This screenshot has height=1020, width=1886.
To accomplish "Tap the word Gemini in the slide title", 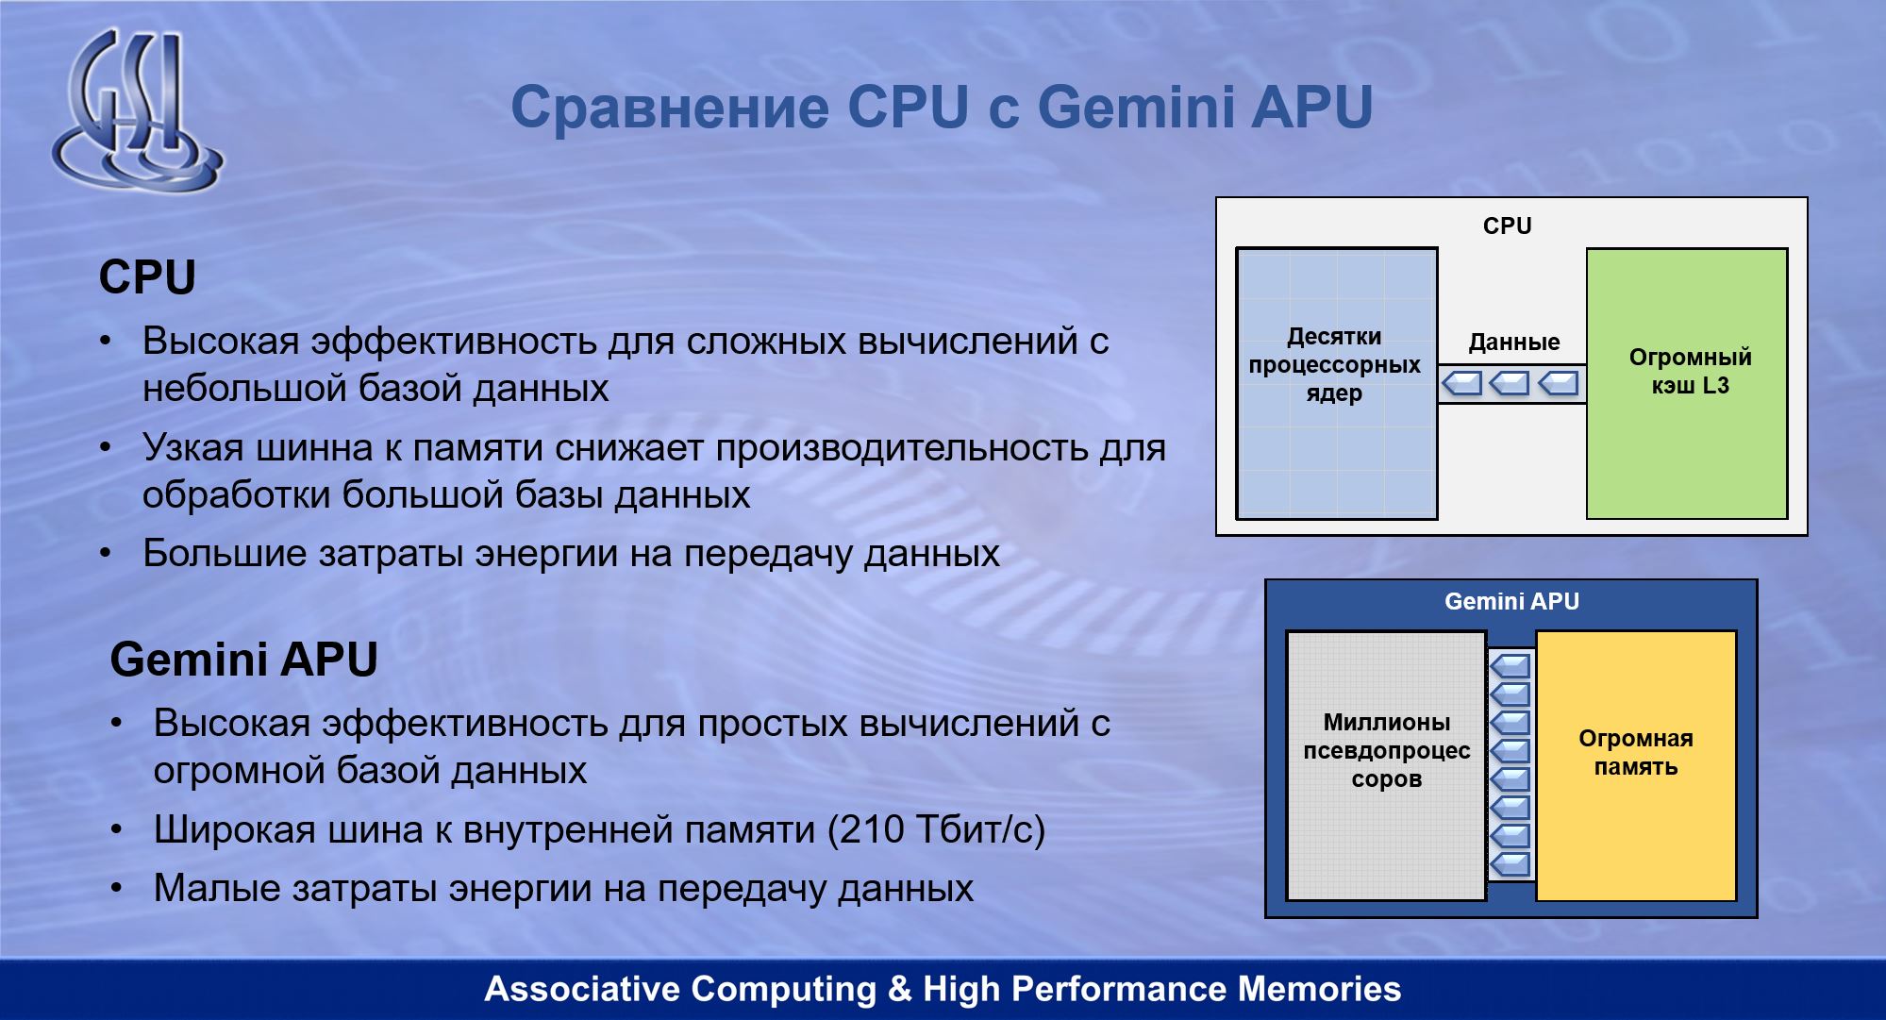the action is pyautogui.click(x=1136, y=107).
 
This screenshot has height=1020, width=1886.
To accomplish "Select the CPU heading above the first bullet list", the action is pyautogui.click(x=147, y=277).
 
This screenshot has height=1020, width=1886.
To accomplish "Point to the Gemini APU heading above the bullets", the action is pyautogui.click(x=243, y=659).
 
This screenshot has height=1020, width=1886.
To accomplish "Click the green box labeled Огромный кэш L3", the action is pyautogui.click(x=1687, y=383).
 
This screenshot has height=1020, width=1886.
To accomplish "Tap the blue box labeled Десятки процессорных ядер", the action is pyautogui.click(x=1337, y=383).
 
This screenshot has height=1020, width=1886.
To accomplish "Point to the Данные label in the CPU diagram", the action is pyautogui.click(x=1513, y=343).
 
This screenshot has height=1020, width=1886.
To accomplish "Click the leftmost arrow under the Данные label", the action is pyautogui.click(x=1462, y=383).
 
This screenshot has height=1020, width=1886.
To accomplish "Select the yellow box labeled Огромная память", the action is pyautogui.click(x=1636, y=765).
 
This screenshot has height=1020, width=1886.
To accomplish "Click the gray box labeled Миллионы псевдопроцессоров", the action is pyautogui.click(x=1387, y=765).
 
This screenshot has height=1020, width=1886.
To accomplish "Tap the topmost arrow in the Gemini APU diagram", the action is pyautogui.click(x=1510, y=666).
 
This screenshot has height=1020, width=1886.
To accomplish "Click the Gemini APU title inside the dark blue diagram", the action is pyautogui.click(x=1511, y=602).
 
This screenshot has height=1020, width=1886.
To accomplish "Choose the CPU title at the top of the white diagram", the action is pyautogui.click(x=1507, y=226).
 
